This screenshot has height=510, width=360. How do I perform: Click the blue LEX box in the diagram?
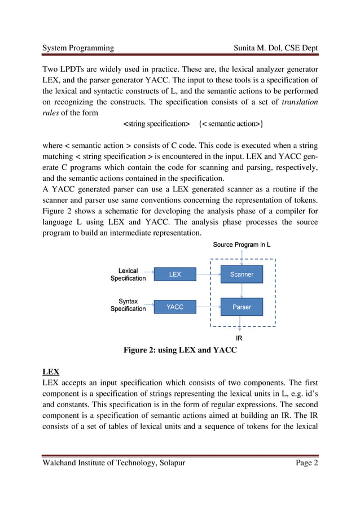[x=175, y=274]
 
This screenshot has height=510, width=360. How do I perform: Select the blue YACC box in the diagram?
[x=175, y=307]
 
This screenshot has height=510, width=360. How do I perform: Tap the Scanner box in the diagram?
[x=242, y=274]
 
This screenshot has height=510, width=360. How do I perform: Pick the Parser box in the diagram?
[x=242, y=307]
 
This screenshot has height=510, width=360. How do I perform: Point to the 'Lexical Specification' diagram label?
[x=128, y=274]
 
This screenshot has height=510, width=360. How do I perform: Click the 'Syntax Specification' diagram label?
[x=128, y=305]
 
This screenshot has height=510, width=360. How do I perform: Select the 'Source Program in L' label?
[x=242, y=245]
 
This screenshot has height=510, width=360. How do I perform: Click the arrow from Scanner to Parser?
[x=242, y=291]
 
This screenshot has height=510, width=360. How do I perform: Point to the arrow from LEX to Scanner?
[x=208, y=274]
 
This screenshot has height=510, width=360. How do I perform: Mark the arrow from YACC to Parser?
[x=208, y=307]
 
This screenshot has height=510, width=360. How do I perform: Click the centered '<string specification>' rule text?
[x=156, y=124]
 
